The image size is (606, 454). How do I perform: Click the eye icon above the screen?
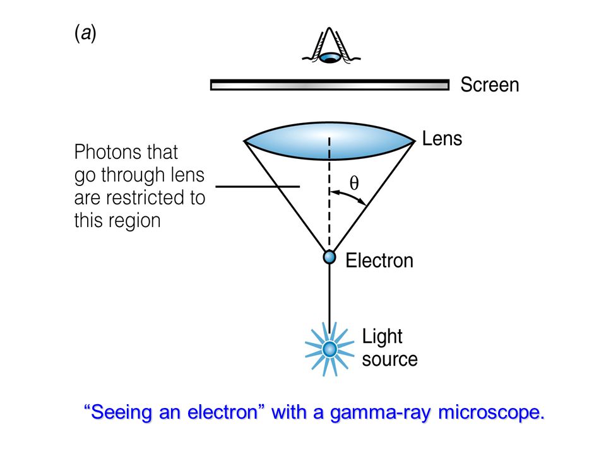330,51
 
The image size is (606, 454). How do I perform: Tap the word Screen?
489,85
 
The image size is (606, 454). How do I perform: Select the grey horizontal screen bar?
329,85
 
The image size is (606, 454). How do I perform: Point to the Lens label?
442,139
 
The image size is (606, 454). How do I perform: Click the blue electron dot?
329,257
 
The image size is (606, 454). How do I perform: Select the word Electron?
379,260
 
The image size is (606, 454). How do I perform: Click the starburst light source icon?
329,349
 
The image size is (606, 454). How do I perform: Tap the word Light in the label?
382,337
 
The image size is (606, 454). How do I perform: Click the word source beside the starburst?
389,359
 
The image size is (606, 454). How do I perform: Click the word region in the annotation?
138,221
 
